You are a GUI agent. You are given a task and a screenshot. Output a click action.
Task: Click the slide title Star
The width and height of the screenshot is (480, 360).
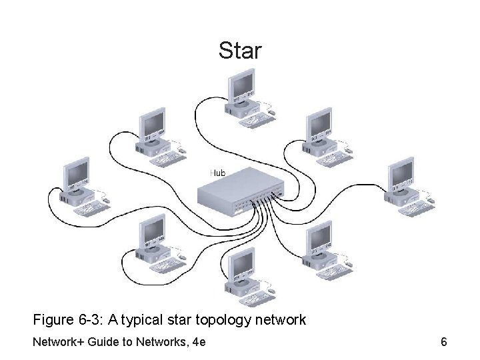coord(241,51)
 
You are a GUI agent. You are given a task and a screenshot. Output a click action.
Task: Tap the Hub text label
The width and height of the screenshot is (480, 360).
coord(218,173)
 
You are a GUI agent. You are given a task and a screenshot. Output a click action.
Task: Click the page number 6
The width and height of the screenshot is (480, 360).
coord(443,343)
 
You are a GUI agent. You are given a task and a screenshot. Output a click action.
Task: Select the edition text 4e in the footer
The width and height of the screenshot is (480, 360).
coord(197,343)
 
